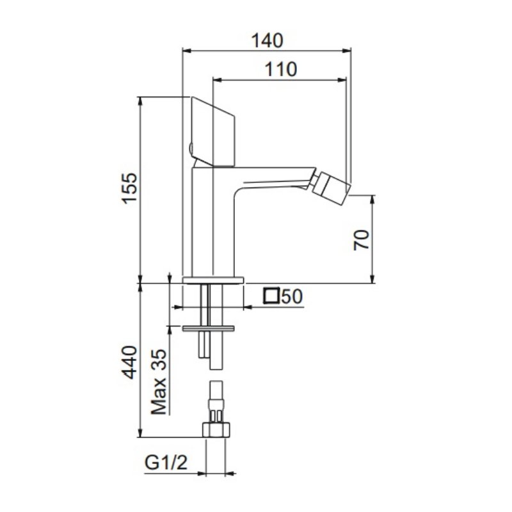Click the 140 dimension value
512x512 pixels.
tap(267, 40)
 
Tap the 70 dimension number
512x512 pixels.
tap(362, 240)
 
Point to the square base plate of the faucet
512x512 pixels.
tap(214, 280)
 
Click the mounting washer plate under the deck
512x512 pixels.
tap(209, 329)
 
